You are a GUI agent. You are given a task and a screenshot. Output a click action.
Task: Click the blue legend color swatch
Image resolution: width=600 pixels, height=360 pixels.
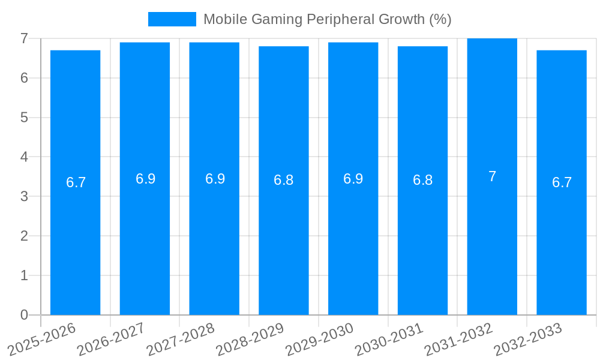click(172, 19)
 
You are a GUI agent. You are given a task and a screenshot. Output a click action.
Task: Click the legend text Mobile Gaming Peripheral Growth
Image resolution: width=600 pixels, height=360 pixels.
click(327, 19)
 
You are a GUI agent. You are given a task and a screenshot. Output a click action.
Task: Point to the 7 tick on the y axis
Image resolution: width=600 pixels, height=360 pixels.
click(24, 38)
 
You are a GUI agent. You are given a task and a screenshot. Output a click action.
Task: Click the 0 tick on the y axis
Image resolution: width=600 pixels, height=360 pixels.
click(24, 315)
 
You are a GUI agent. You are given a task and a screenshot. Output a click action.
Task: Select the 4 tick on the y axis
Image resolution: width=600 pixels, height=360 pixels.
click(24, 157)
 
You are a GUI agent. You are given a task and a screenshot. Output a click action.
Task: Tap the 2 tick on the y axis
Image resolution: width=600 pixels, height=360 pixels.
click(24, 236)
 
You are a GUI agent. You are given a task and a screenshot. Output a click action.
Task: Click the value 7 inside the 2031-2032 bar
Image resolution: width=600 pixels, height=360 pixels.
click(492, 176)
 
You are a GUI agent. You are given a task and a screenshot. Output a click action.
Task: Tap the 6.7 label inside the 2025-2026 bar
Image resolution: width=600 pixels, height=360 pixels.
click(76, 182)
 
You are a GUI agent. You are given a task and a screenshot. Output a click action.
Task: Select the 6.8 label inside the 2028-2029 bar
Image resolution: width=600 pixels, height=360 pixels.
click(283, 180)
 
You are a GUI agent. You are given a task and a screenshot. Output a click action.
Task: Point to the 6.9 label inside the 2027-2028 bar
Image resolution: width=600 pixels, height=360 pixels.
click(215, 179)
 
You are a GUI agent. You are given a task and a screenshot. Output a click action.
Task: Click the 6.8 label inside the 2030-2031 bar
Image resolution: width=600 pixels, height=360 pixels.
click(422, 180)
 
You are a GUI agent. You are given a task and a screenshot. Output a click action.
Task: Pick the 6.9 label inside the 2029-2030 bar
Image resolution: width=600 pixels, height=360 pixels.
click(353, 179)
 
